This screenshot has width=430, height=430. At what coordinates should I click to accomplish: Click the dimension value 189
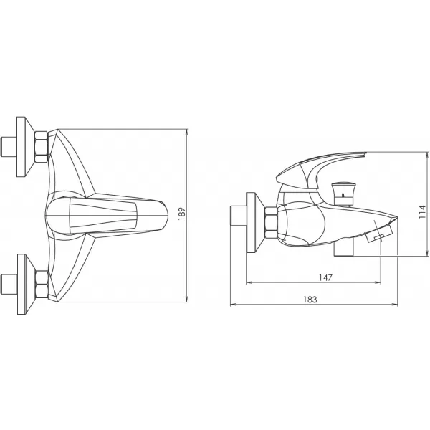coord(182,214)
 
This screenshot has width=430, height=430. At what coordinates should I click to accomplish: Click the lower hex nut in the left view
coord(41,284)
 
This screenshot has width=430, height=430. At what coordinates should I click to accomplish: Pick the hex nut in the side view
coord(271,222)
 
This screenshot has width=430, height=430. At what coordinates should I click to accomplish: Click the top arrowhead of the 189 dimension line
coord(186,131)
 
